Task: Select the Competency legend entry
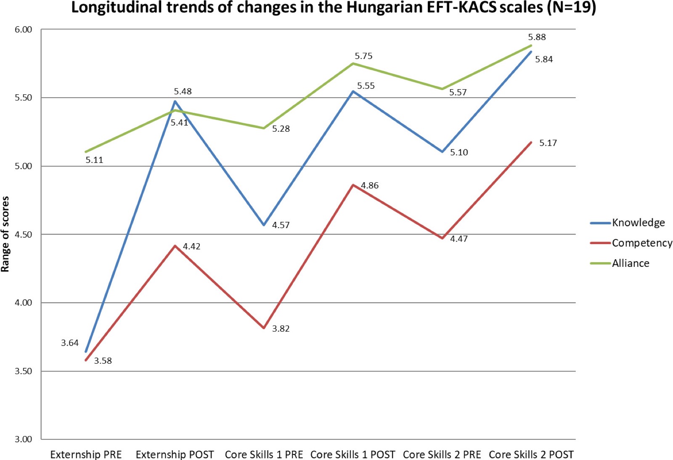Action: pos(631,243)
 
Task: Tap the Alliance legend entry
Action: pos(620,263)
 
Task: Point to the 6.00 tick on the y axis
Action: pos(24,29)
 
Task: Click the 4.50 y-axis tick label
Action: pos(24,234)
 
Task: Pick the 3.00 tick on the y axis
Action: pos(24,439)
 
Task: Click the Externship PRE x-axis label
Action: pos(86,454)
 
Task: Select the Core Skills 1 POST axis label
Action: pos(353,454)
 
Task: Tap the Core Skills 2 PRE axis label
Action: pos(442,454)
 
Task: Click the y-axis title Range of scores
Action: pos(5,234)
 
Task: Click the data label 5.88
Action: pos(537,37)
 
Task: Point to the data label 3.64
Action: pos(70,343)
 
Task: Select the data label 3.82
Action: pos(281,329)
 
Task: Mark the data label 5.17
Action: pos(548,143)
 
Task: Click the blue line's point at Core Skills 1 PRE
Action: pos(264,225)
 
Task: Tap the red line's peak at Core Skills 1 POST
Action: pos(353,185)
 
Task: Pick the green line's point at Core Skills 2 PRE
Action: pos(442,89)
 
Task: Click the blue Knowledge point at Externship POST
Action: pos(175,101)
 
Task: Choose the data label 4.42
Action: pos(192,247)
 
